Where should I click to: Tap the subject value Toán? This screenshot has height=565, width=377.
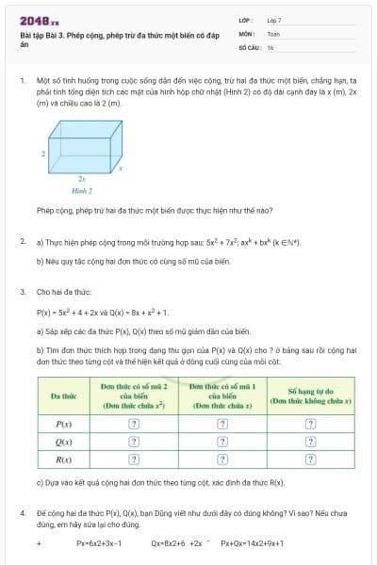tap(273, 33)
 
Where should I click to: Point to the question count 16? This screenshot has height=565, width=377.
tap(270, 46)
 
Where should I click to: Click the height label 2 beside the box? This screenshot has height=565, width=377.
tap(43, 152)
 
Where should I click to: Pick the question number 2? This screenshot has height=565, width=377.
tap(22, 242)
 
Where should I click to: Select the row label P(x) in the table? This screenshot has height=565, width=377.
tap(63, 424)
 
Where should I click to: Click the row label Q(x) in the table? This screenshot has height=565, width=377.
tap(63, 442)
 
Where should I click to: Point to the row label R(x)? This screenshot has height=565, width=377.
tap(63, 460)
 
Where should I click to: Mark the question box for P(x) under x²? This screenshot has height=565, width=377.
tap(134, 424)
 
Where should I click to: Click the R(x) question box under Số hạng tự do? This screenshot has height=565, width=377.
tap(310, 460)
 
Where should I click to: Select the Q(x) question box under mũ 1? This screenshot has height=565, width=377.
tap(222, 442)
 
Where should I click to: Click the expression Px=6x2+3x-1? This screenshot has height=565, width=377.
tap(99, 543)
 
